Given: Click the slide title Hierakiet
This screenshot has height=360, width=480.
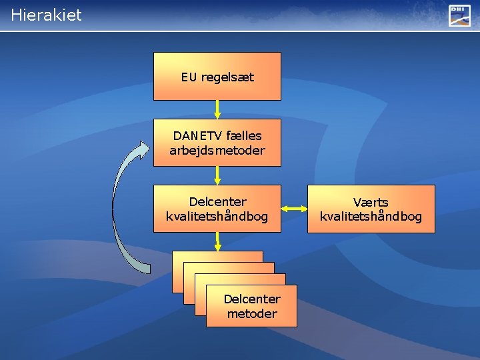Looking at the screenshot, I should pos(46,15).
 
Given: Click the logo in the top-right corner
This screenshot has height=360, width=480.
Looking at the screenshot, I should pos(459,15).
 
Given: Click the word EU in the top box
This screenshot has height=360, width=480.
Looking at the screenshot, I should pos(189,77).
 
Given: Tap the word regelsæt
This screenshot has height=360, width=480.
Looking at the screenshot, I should pos(227,77).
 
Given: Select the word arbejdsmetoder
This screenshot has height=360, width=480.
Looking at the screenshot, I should pos(217,151).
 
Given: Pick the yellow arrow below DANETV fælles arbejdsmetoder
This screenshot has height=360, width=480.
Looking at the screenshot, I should pos(217,175).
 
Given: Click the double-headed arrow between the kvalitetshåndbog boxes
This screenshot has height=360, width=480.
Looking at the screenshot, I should pos(294,209).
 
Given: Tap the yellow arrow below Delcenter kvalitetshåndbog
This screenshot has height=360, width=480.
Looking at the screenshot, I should pos(217,241).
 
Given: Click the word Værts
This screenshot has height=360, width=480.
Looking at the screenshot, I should pos(371,202).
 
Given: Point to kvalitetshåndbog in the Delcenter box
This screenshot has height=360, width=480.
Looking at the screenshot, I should pos(217,217).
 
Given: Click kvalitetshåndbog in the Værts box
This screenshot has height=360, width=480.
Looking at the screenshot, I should pos(371,217).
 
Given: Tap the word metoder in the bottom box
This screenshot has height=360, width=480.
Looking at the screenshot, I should pos(252,313).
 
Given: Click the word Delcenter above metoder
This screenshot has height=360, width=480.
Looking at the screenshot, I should pos(252,299).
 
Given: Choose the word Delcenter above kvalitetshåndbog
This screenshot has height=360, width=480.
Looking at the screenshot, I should pos(217,202).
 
